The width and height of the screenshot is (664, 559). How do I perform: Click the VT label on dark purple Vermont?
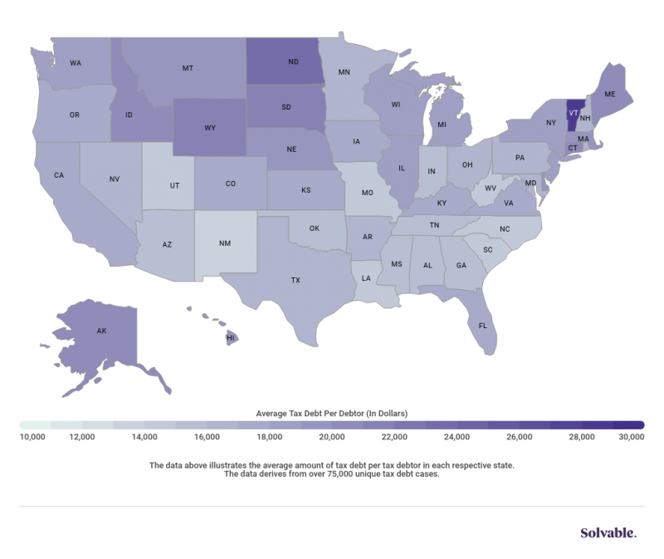point(572,109)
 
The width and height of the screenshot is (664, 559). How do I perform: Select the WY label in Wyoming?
point(212,129)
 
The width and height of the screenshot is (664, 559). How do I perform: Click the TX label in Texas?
point(295,281)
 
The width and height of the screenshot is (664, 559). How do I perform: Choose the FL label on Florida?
point(483,326)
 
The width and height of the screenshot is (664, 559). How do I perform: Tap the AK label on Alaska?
point(102,331)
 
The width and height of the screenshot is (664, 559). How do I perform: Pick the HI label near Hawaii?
point(231,339)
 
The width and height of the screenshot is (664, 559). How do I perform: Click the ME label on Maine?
point(609,95)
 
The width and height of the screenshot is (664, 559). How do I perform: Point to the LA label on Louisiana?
point(366,279)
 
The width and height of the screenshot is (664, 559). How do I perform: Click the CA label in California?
point(59,175)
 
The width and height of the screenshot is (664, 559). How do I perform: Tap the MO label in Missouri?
point(368,191)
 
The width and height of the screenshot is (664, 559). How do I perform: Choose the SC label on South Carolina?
point(488,249)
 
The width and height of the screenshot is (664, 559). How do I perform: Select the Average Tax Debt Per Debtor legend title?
point(332,411)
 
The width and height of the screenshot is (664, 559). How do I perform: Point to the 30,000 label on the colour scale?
point(632,436)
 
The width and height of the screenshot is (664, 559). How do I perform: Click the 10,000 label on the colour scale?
point(32,436)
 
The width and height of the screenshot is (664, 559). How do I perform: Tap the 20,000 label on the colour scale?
point(331,436)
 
